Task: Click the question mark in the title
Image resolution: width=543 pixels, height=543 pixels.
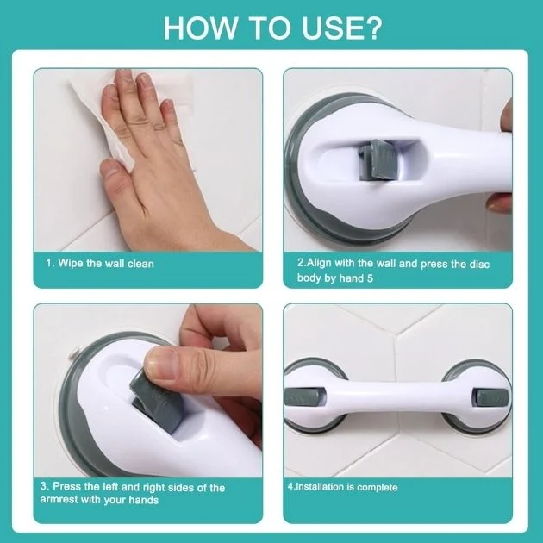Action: pyautogui.click(x=372, y=28)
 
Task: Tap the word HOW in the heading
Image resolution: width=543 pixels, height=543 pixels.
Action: pyautogui.click(x=201, y=28)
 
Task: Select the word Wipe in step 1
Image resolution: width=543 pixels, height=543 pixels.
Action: pyautogui.click(x=71, y=264)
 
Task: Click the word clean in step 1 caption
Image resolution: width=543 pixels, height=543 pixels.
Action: pyautogui.click(x=140, y=264)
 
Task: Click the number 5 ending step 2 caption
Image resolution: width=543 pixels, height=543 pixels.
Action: pyautogui.click(x=370, y=278)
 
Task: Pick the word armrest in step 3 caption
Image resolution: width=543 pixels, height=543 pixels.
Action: pyautogui.click(x=59, y=500)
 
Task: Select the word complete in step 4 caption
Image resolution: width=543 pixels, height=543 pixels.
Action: pyautogui.click(x=378, y=488)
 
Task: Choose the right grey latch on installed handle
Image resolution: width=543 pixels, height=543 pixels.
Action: pyautogui.click(x=492, y=397)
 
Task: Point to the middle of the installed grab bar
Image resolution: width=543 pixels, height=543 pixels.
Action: pyautogui.click(x=397, y=396)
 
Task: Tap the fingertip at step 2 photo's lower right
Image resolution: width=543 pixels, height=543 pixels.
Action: pyautogui.click(x=499, y=204)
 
